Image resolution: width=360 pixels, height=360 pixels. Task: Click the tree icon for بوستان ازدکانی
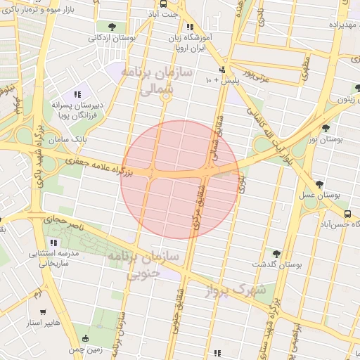[112, 27]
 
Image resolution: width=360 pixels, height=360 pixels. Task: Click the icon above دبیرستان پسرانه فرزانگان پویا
[77, 94]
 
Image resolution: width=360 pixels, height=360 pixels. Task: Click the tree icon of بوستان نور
[326, 127]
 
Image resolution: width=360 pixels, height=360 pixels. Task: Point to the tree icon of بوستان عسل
[320, 184]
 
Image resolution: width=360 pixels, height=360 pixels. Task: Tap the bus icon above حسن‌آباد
[347, 213]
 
